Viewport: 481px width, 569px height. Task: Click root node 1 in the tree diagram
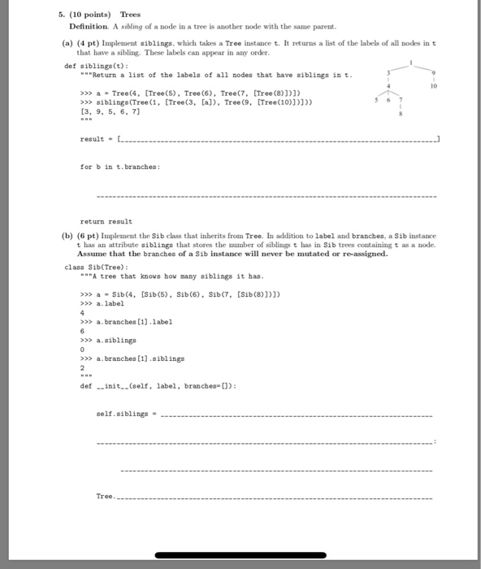(413, 63)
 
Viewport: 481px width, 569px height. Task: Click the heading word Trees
(130, 15)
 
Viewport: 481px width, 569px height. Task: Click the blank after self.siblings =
(297, 414)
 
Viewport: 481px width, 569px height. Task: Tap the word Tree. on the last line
(106, 496)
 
